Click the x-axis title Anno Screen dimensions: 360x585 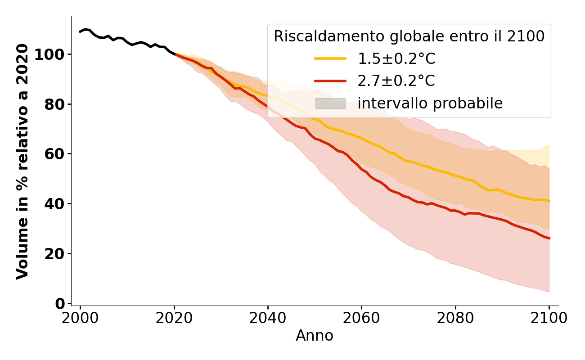[315, 336]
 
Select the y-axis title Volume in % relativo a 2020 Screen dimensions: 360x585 [22, 161]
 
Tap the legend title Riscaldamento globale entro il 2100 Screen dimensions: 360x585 [409, 36]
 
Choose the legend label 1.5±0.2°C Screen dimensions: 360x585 [396, 58]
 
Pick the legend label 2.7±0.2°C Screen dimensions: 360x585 [396, 81]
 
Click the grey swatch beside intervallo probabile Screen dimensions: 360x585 [330, 103]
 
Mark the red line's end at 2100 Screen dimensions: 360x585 [549, 238]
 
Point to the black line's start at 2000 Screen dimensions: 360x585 [80, 32]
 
